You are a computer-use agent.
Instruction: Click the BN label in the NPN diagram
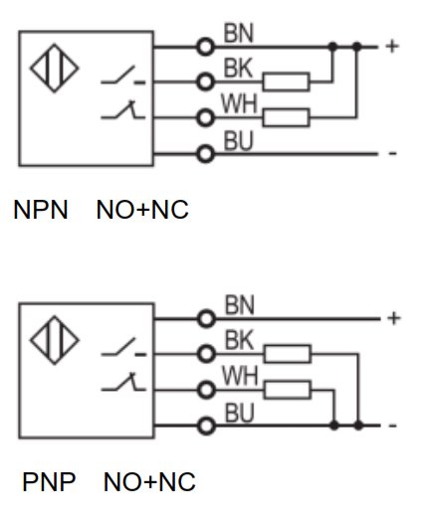[x=239, y=33]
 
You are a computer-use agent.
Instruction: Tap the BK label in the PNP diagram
[x=240, y=340]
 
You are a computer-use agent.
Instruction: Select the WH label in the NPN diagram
[x=239, y=103]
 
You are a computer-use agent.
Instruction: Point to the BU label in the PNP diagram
[x=240, y=413]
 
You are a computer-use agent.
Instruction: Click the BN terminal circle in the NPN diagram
[x=205, y=47]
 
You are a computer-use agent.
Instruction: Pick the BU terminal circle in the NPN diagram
[x=205, y=154]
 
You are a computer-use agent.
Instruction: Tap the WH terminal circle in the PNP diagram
[x=206, y=390]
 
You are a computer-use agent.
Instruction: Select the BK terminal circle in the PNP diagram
[x=206, y=354]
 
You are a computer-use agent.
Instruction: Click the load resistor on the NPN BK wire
[x=287, y=82]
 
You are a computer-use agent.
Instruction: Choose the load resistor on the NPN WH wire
[x=287, y=117]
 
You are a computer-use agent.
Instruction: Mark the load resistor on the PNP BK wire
[x=288, y=354]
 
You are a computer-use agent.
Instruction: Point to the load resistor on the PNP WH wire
[x=288, y=390]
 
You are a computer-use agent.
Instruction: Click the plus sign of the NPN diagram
[x=392, y=47]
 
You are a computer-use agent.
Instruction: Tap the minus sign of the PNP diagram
[x=392, y=426]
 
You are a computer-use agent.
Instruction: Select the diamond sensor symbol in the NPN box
[x=55, y=68]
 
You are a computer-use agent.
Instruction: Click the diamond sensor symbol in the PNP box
[x=55, y=340]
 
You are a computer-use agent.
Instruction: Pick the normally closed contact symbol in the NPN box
[x=123, y=109]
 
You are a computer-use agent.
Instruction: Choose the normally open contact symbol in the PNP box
[x=123, y=347]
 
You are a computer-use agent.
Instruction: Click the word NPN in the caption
[x=41, y=210]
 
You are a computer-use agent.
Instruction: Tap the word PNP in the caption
[x=49, y=482]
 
